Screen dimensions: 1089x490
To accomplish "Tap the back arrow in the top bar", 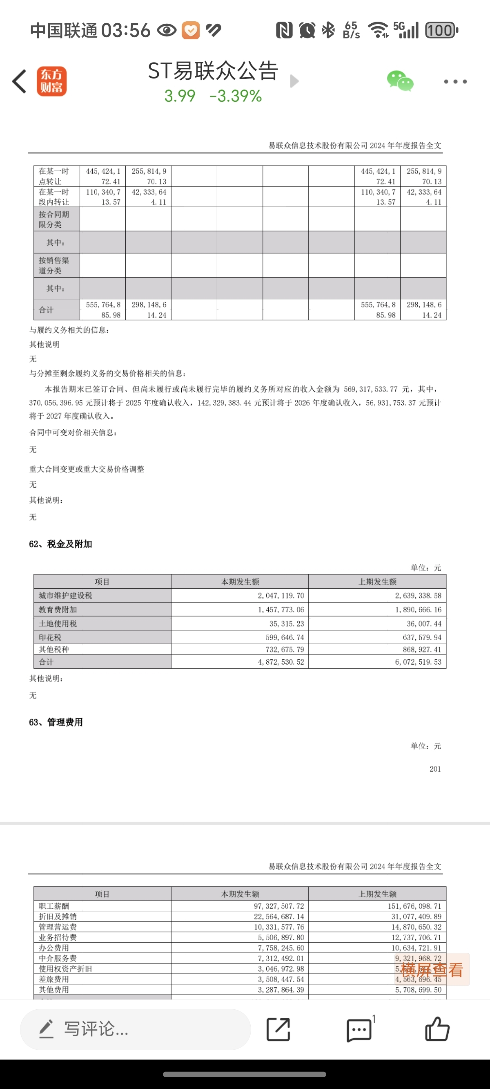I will [20, 81].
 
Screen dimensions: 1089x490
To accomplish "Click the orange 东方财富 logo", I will [51, 81].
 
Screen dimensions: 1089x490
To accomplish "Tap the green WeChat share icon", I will [400, 81].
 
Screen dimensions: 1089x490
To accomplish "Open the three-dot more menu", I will [455, 82].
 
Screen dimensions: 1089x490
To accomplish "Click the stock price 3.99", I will [180, 96].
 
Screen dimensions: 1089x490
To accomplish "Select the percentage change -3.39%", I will [235, 96].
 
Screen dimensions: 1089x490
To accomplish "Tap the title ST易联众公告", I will [213, 71].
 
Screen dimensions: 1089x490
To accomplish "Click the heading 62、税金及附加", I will [60, 544].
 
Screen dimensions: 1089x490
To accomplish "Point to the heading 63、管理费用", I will [56, 722].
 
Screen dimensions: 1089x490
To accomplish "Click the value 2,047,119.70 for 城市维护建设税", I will [281, 596].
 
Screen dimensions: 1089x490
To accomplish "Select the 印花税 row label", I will [50, 637].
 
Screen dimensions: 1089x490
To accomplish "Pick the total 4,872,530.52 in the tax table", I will [281, 662].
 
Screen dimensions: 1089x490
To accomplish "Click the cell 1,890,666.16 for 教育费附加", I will [418, 609].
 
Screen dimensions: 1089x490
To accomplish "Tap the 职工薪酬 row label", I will [53, 906].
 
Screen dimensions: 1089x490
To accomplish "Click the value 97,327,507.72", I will [278, 906].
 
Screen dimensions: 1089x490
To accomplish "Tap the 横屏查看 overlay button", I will [432, 970].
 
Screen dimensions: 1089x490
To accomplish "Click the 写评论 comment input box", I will [135, 1029].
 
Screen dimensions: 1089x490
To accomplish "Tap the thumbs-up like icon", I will [437, 1029].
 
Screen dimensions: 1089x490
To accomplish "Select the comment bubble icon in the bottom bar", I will [359, 1030].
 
